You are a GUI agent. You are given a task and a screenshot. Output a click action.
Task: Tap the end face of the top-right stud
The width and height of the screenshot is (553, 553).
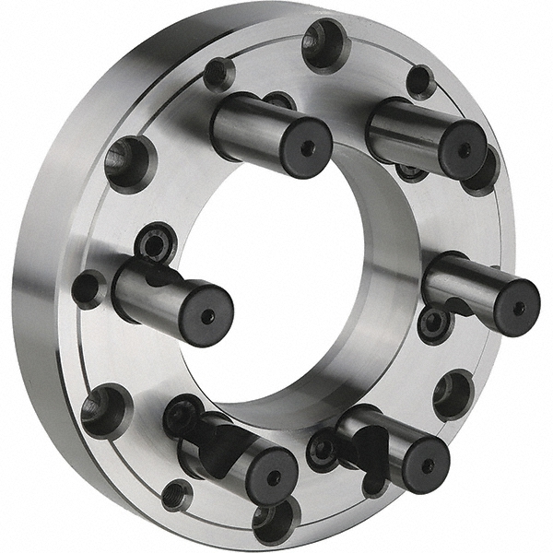point(464,149)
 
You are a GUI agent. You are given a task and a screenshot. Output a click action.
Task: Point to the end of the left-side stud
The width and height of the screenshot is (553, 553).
point(207,316)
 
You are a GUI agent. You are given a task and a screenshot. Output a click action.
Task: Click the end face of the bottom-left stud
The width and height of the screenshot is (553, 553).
point(273,477)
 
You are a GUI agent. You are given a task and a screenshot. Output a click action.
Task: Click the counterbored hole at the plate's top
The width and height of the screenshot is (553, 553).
point(325,43)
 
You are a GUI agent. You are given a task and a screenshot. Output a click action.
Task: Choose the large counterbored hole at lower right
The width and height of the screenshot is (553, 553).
point(453,394)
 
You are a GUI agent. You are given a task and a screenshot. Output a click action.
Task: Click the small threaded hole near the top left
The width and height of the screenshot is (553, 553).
point(219,74)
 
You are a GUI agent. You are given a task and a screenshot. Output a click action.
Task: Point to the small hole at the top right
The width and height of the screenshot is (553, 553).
point(420,81)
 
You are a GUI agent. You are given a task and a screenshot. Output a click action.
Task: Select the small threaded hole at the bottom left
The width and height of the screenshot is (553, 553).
point(176,495)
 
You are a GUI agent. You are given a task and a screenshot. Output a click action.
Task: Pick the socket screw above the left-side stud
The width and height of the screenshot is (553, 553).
point(156,243)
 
